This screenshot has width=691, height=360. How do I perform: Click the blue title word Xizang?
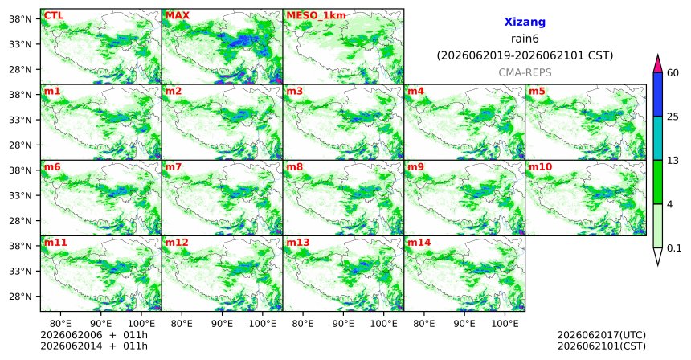[525, 22]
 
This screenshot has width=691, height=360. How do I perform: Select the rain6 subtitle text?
[525, 39]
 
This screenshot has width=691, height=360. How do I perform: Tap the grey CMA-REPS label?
[525, 72]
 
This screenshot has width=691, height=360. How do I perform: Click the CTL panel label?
[54, 15]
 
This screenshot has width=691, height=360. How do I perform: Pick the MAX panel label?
[177, 15]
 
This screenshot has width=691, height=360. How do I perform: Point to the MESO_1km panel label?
[316, 16]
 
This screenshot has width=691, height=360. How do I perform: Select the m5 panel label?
[537, 92]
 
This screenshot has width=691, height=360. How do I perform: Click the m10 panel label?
[540, 167]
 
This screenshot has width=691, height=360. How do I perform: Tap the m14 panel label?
[419, 243]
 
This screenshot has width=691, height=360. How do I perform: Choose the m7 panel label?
[174, 167]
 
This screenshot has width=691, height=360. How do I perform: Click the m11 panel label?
[55, 243]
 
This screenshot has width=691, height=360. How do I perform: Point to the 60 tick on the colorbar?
[673, 73]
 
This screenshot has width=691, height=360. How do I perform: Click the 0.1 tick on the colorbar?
[674, 248]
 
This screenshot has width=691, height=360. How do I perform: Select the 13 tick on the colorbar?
[673, 161]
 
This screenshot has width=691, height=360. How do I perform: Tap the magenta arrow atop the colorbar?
[658, 63]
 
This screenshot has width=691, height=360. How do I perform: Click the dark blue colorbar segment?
[658, 94]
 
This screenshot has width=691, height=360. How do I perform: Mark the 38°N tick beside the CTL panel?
[21, 19]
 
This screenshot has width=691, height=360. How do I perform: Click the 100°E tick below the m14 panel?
[505, 324]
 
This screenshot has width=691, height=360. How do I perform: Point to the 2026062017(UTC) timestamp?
[602, 335]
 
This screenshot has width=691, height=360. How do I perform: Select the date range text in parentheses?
[525, 55]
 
